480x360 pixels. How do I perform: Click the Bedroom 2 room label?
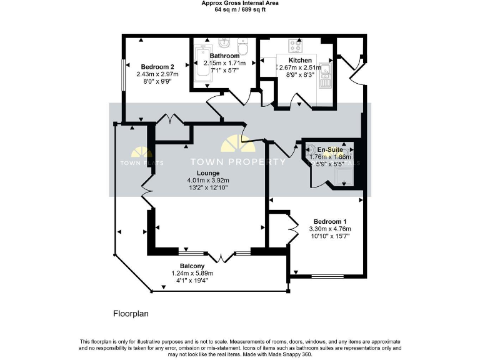[157, 67]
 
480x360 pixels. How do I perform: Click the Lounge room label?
[207, 173]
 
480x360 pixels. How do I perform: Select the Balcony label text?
[192, 266]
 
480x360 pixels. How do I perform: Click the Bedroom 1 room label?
[330, 222]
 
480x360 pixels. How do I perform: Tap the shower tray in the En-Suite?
[343, 176]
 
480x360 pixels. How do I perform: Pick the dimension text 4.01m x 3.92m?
[207, 181]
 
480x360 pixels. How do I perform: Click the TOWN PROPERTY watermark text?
[238, 162]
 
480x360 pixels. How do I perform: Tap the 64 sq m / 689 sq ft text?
[240, 10]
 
